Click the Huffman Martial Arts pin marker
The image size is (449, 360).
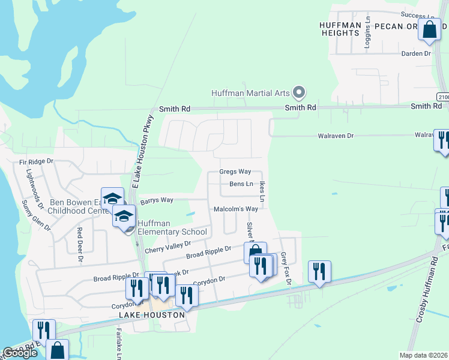(299, 92)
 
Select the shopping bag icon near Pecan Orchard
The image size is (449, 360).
(430, 29)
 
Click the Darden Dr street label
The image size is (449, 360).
(417, 53)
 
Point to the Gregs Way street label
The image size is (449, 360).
(235, 172)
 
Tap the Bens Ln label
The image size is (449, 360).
(240, 184)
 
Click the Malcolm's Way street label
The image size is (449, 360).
(236, 209)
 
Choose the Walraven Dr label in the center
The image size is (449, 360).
(336, 136)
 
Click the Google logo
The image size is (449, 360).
(20, 353)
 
